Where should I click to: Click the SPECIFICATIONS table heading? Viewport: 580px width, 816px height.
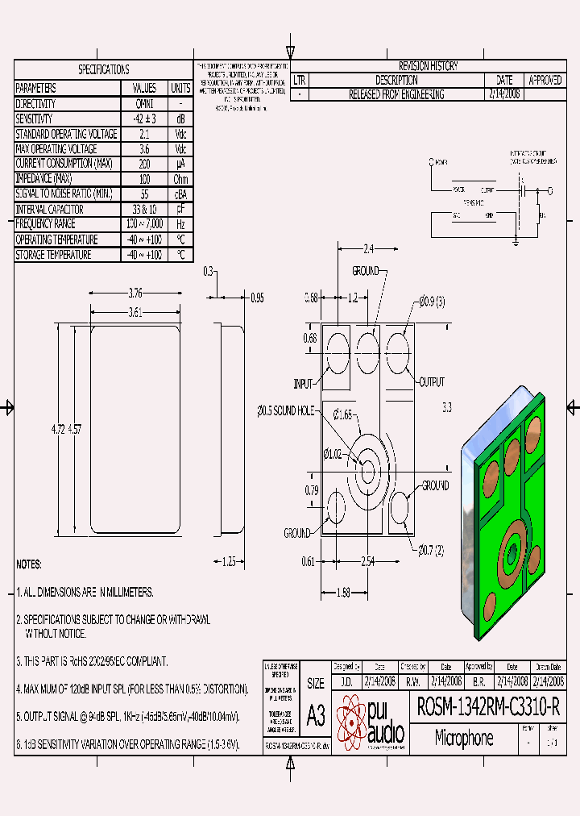click(103, 69)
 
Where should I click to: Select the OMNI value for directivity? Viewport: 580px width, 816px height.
click(143, 104)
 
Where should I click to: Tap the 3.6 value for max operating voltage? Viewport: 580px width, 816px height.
click(143, 149)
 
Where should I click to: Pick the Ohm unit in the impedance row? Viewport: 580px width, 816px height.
click(180, 179)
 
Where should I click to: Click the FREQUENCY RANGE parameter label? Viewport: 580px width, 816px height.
click(46, 224)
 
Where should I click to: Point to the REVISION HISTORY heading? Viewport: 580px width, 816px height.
click(428, 66)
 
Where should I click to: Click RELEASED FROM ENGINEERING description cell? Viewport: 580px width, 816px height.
click(396, 94)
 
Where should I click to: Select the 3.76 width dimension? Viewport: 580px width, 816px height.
click(135, 293)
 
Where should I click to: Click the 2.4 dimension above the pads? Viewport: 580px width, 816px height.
click(369, 248)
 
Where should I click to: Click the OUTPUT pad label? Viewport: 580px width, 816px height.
click(430, 382)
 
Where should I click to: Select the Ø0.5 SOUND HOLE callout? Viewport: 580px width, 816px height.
click(286, 411)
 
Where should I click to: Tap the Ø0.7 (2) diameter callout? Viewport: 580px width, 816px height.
click(430, 551)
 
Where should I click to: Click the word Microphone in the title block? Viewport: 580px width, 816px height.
click(464, 738)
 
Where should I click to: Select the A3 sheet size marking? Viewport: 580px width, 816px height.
click(316, 715)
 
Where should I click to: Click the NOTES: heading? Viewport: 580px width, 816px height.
click(29, 564)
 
